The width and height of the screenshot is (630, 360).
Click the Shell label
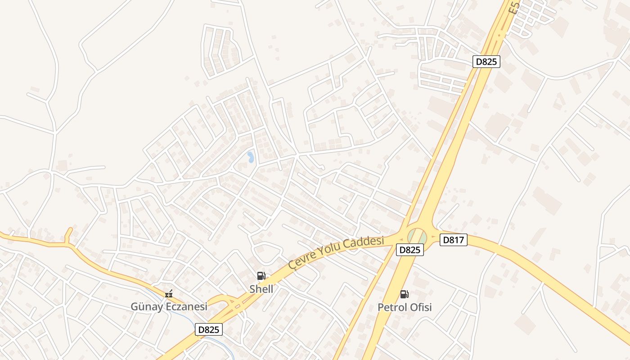click(261, 289)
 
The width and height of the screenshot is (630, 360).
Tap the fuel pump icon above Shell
click(261, 276)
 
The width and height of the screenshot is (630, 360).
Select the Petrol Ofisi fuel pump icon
click(405, 294)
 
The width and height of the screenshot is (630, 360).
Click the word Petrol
click(392, 307)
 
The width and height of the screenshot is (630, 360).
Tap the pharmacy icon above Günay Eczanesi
click(169, 294)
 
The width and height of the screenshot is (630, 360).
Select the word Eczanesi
click(185, 307)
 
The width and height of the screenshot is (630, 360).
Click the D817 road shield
click(453, 240)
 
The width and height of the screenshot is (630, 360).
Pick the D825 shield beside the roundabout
click(410, 250)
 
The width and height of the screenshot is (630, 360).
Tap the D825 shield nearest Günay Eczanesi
click(209, 330)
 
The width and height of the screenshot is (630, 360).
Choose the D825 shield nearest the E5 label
click(486, 62)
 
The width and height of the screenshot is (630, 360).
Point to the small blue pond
click(250, 157)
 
